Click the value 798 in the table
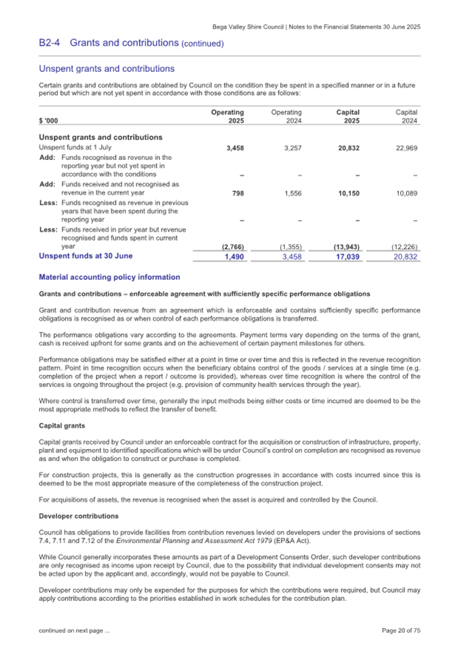(x=237, y=193)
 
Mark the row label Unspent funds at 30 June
(x=85, y=256)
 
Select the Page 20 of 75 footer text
(x=402, y=631)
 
